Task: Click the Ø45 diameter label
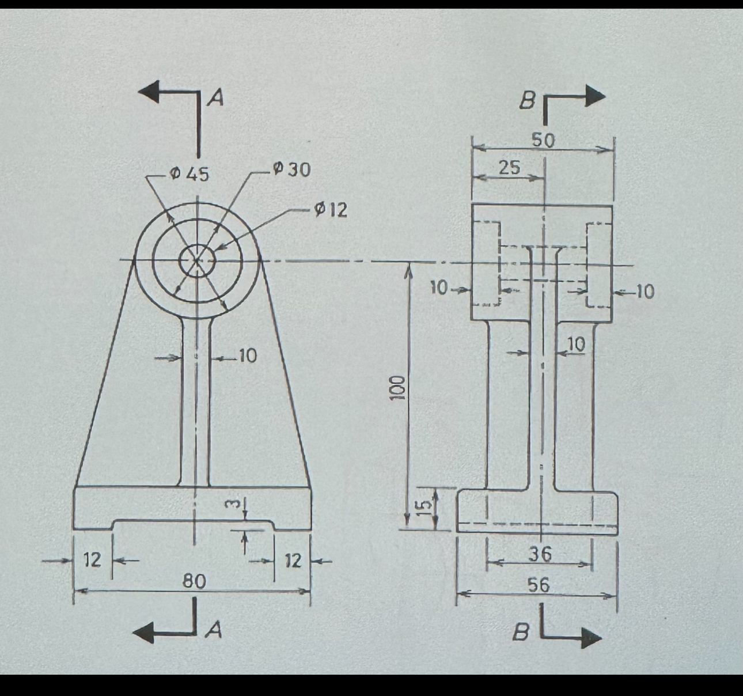coord(190,173)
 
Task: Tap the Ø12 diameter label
coord(331,210)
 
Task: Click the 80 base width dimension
coord(194,581)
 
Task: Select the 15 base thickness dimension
coord(424,505)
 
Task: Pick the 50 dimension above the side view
coord(543,141)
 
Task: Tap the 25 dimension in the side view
coord(509,168)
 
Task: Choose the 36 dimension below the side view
coord(540,554)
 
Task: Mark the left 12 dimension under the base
coord(92,559)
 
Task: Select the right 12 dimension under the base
coord(293,560)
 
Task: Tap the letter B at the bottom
coord(521,633)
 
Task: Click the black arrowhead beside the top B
coord(594,96)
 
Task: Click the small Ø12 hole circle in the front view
coord(197,261)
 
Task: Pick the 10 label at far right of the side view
coord(645,292)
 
